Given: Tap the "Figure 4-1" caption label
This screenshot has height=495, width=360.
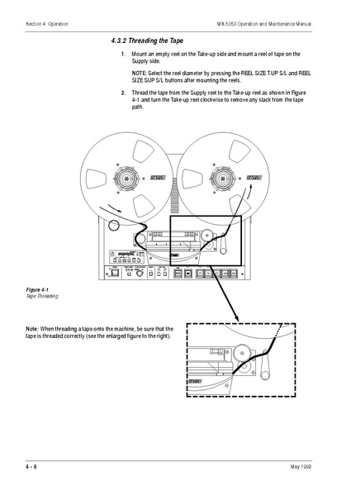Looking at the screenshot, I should (x=38, y=290).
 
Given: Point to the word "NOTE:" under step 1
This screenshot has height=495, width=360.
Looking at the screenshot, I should (x=141, y=73).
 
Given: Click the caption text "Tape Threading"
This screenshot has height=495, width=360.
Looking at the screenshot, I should (x=40, y=296).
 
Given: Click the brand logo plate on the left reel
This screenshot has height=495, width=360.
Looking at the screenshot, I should (x=159, y=178).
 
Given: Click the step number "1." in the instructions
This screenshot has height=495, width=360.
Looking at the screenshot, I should (x=122, y=55).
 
